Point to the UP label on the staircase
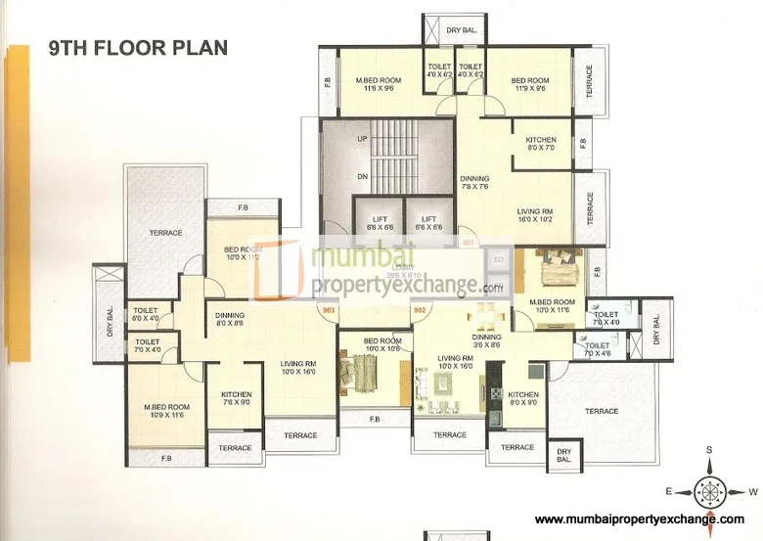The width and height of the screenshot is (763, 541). (362, 140)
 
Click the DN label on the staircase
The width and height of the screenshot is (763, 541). (362, 176)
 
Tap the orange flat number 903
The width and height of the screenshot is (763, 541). (326, 310)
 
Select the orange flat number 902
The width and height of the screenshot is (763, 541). (421, 310)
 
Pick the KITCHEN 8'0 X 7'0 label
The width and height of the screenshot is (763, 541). (540, 144)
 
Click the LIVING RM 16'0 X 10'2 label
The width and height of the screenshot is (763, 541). (536, 215)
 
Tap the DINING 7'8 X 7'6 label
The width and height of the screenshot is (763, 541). (475, 183)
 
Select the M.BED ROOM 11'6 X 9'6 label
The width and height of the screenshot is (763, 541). (379, 84)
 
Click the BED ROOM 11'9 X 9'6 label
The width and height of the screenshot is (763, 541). (529, 84)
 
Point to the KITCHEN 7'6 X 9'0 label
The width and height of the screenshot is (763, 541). (236, 398)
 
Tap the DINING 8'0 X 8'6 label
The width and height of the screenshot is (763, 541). (230, 319)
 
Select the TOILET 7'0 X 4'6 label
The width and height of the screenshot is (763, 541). (599, 349)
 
